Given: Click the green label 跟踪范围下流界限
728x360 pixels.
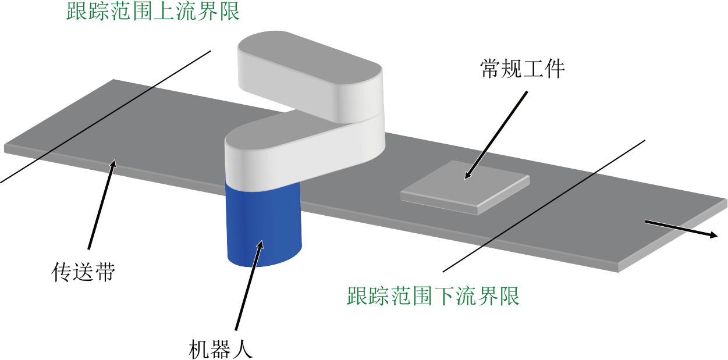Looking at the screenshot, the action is pyautogui.click(x=433, y=295).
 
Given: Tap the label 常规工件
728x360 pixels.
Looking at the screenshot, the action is pyautogui.click(x=523, y=69).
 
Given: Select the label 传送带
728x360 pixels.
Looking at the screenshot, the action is pyautogui.click(x=83, y=272).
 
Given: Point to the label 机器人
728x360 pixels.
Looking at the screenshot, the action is pyautogui.click(x=221, y=349).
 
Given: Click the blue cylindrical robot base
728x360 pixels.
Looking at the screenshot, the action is pyautogui.click(x=264, y=224).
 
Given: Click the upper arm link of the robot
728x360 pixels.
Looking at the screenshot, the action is pyautogui.click(x=310, y=76).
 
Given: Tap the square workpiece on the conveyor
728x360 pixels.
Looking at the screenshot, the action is pyautogui.click(x=465, y=187).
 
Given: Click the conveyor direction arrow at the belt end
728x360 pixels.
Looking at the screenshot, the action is pyautogui.click(x=681, y=229).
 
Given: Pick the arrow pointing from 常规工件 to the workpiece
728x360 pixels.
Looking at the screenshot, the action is pyautogui.click(x=496, y=135).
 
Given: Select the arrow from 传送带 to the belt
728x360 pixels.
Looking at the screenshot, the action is pyautogui.click(x=102, y=204).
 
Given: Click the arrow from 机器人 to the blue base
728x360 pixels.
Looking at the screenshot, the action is pyautogui.click(x=249, y=286).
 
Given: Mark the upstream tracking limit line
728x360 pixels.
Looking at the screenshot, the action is pyautogui.click(x=105, y=117).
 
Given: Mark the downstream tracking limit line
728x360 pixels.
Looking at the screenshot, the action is pyautogui.click(x=544, y=206).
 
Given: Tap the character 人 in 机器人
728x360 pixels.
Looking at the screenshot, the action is pyautogui.click(x=242, y=349).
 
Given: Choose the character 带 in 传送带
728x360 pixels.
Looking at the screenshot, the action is pyautogui.click(x=105, y=272).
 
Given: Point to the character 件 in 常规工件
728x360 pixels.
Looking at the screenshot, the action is pyautogui.click(x=555, y=69).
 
